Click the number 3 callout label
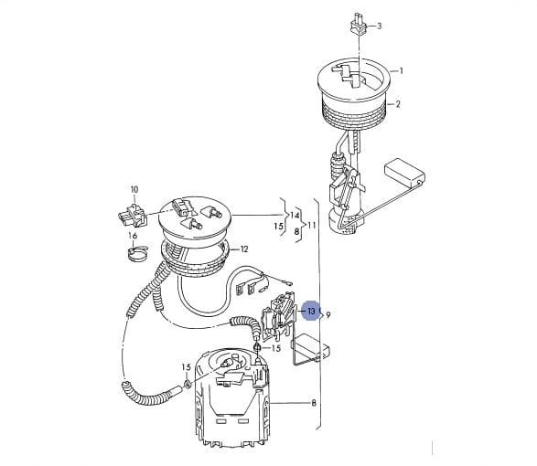click(379, 26)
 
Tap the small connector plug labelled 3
click(359, 25)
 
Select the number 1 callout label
click(402, 71)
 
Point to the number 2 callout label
click(398, 104)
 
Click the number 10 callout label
click(134, 189)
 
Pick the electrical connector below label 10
click(133, 217)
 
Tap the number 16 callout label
click(133, 236)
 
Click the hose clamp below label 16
click(137, 253)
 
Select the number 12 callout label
click(244, 249)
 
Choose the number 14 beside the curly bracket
click(295, 216)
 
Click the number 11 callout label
click(312, 225)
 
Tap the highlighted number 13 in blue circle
click(311, 312)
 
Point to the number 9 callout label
click(328, 314)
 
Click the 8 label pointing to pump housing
click(314, 403)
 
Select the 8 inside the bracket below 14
click(296, 232)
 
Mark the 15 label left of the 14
click(279, 227)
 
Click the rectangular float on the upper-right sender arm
click(404, 172)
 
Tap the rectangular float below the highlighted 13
click(310, 347)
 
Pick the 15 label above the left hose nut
click(186, 367)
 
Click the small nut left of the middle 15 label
click(258, 348)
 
